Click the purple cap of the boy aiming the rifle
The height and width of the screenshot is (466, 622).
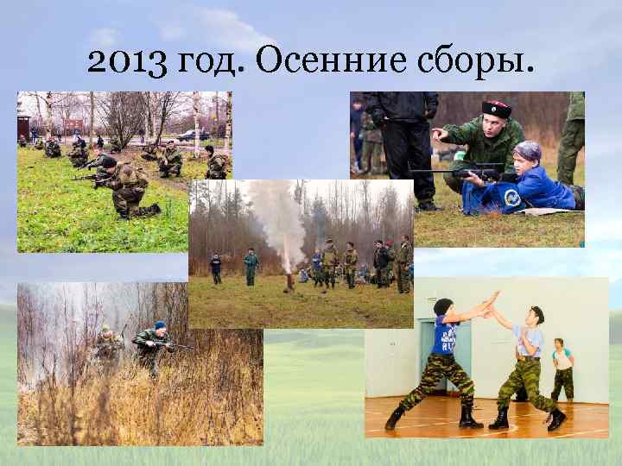coord(526,151)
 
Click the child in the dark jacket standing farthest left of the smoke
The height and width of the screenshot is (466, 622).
coord(216,268)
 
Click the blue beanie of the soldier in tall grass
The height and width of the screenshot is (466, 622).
coord(159,325)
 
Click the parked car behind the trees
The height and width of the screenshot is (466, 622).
coord(187,135)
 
